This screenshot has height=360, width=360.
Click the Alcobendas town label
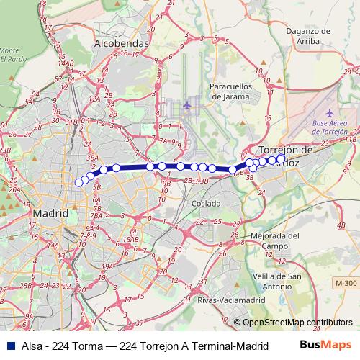(x=121, y=43)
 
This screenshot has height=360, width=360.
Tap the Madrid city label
(x=50, y=214)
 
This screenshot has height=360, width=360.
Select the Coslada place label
(x=206, y=204)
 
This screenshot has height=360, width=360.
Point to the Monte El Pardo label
(x=9, y=54)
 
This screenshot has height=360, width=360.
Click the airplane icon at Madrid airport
(x=187, y=106)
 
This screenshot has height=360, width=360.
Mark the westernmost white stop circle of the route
(x=79, y=182)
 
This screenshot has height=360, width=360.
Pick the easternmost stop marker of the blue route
(x=281, y=158)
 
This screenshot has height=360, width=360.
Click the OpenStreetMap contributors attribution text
(x=298, y=323)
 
